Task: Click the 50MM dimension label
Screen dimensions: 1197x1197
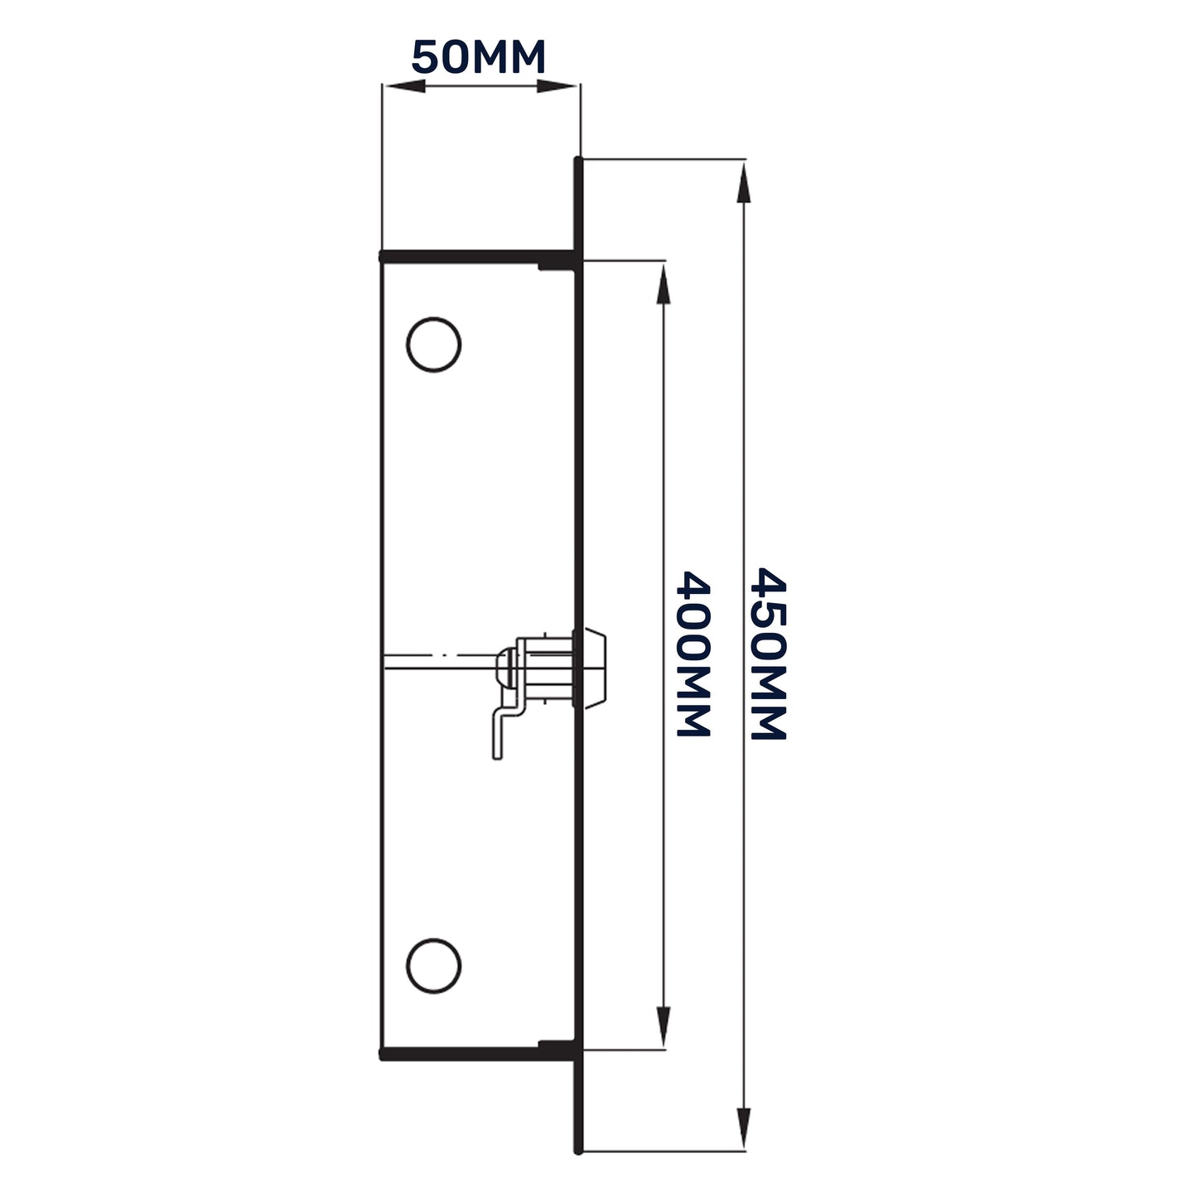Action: click(479, 58)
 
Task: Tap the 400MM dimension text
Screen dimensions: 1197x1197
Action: click(694, 654)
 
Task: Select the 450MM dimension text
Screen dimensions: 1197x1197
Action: click(766, 654)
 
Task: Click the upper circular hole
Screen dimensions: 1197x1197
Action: click(433, 344)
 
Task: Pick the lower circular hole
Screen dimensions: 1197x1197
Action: click(433, 965)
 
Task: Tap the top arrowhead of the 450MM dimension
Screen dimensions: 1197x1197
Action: click(744, 181)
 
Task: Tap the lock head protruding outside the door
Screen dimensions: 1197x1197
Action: click(594, 668)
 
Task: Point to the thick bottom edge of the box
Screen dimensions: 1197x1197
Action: click(476, 1054)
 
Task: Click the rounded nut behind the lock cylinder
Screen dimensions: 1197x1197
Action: click(504, 668)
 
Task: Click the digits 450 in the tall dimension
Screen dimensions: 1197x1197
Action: click(766, 609)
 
